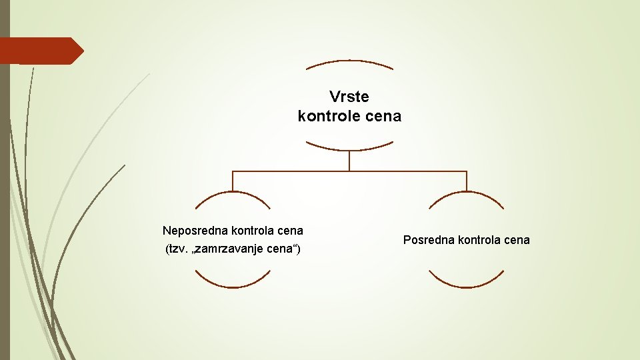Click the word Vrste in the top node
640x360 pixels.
[349, 97]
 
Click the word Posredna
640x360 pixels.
[427, 240]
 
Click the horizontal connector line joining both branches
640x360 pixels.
[349, 171]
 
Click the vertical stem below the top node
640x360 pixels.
[349, 161]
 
